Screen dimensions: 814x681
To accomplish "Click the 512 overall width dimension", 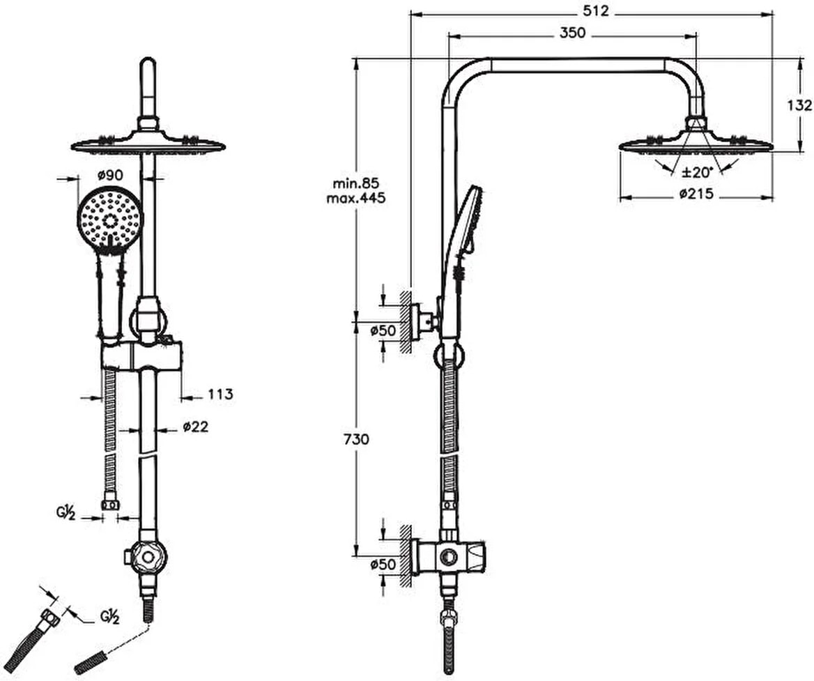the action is pyautogui.click(x=595, y=11).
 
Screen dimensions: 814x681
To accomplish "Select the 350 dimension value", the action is pyautogui.click(x=573, y=33).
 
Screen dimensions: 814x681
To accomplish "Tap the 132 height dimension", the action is pyautogui.click(x=799, y=105).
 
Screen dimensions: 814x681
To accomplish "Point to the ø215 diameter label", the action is pyautogui.click(x=697, y=194).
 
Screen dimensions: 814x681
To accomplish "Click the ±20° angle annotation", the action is pyautogui.click(x=697, y=171).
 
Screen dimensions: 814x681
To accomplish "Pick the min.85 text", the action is pyautogui.click(x=356, y=183).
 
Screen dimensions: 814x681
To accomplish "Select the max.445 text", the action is pyautogui.click(x=356, y=198).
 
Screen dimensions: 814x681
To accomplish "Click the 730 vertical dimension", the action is pyautogui.click(x=356, y=439).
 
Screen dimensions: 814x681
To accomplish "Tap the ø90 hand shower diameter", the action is pyautogui.click(x=111, y=176).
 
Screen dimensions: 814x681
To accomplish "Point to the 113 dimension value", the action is pyautogui.click(x=221, y=395).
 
